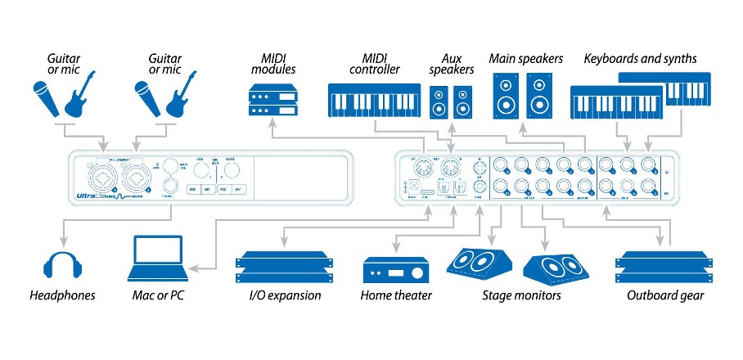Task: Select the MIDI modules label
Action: (272, 65)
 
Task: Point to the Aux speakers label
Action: (451, 65)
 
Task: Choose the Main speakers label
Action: (526, 58)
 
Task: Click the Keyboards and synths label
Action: (639, 58)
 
